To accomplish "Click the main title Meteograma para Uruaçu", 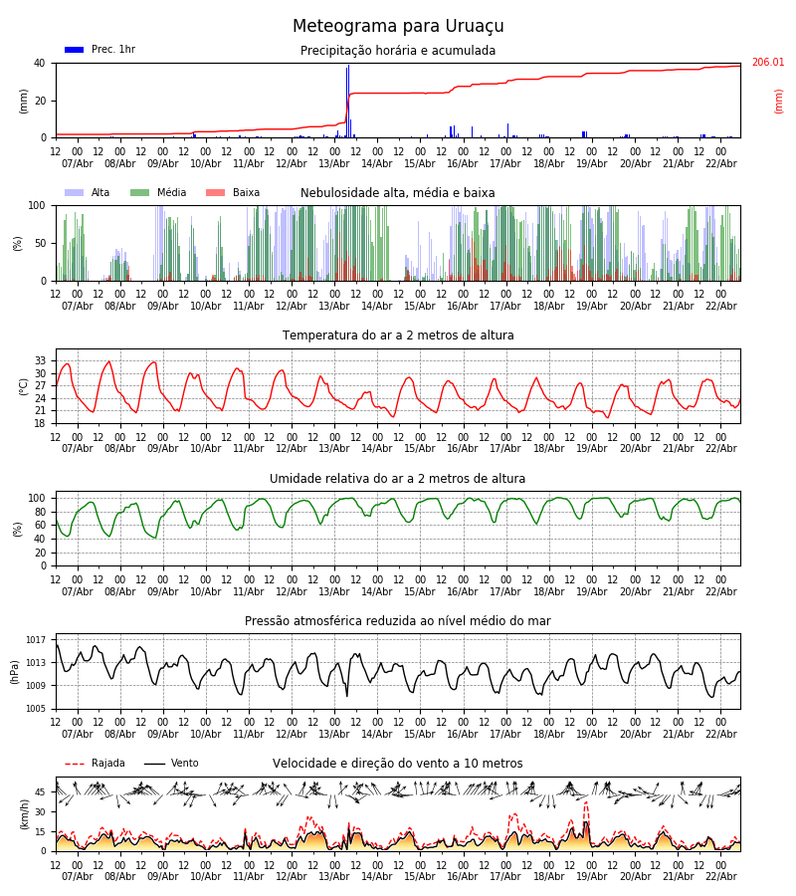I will pos(398,27).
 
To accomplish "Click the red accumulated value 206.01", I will pos(767,63).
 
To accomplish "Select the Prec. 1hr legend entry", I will pos(99,50).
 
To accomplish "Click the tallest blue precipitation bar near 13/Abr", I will pos(348,100).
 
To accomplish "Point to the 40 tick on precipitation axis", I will pos(40,63).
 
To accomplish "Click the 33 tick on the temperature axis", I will pos(41,360).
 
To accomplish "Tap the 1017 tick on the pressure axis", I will pos(36,639).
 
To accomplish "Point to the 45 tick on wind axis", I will pos(41,792).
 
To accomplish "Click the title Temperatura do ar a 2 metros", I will pos(398,336).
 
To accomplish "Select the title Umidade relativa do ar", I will pos(398,479).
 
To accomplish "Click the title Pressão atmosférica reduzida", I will pos(398,621).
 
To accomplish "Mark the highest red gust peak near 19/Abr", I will pos(586,803).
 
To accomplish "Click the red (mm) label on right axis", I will pos(779,101).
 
